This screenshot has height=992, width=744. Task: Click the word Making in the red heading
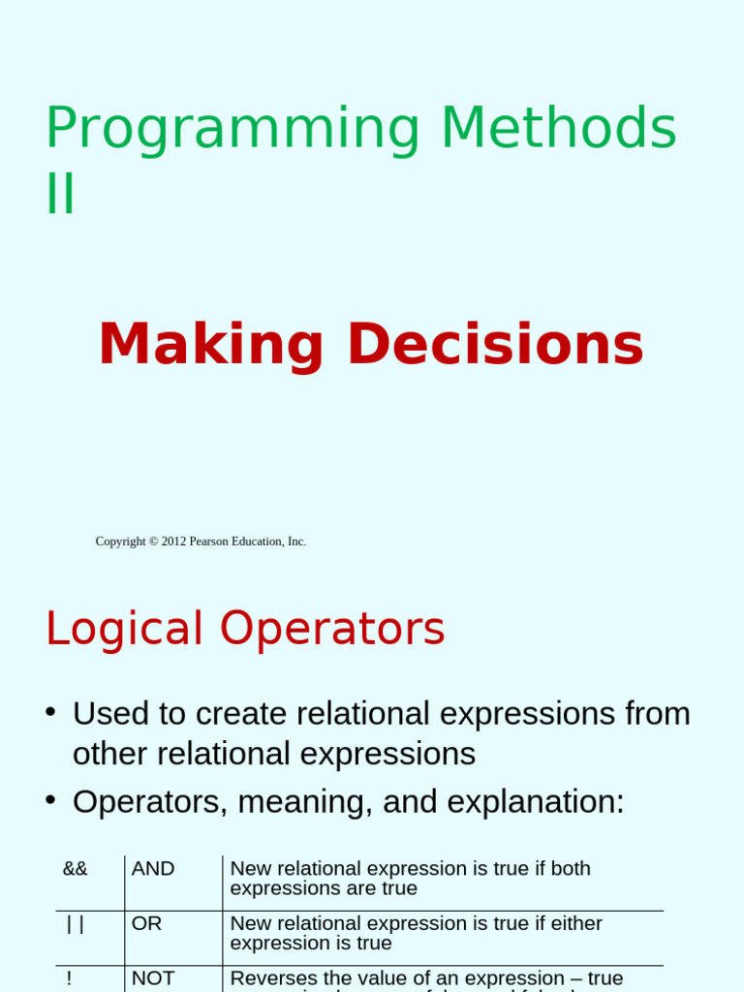(x=211, y=345)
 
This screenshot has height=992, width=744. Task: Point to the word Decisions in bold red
(x=495, y=345)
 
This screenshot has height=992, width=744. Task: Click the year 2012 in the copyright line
(x=173, y=542)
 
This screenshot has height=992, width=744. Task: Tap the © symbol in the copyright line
(x=153, y=542)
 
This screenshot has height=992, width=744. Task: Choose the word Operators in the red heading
(x=332, y=630)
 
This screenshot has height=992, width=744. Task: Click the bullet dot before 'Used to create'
(x=50, y=712)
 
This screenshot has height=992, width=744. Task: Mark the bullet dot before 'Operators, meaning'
(x=50, y=800)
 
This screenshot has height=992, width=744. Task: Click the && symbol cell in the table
(x=76, y=869)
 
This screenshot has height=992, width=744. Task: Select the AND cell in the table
(x=153, y=869)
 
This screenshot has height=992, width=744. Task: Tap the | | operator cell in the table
(x=76, y=924)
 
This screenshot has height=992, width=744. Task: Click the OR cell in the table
(x=146, y=924)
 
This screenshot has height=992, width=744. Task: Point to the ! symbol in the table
(x=69, y=978)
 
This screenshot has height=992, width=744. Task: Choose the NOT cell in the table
(x=153, y=978)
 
